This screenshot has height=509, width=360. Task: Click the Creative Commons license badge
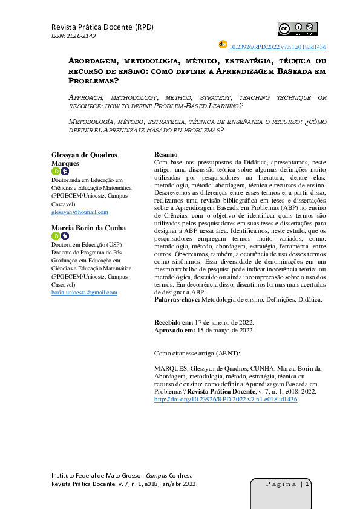point(297,28)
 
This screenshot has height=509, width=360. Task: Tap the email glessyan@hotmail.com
point(80,212)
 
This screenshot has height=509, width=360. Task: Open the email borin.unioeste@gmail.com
point(84,292)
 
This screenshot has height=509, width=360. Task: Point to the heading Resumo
point(166,155)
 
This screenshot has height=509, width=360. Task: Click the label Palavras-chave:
point(176,300)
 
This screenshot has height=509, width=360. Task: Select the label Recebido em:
point(174,323)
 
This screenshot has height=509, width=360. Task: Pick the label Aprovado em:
point(175,331)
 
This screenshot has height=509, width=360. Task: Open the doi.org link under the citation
point(226,400)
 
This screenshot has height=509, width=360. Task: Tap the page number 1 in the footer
point(308,484)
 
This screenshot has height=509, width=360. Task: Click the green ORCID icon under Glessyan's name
point(56,172)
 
